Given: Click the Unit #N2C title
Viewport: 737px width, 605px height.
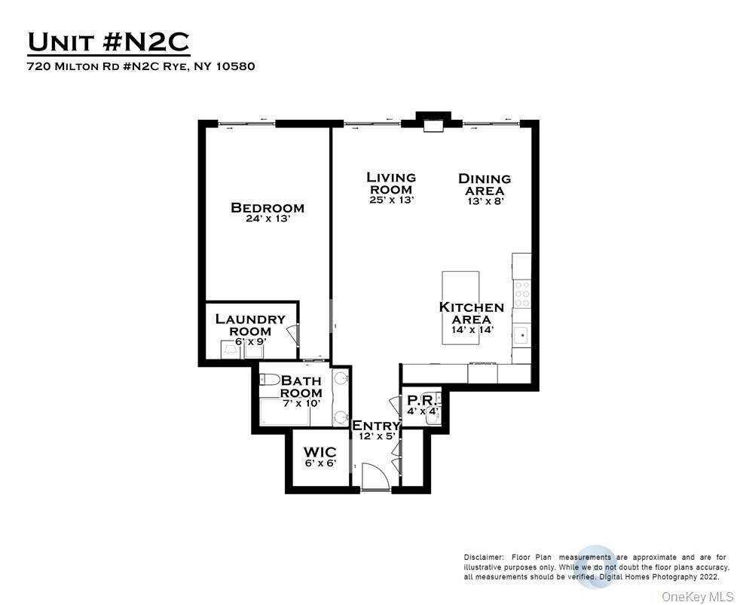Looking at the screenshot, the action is pos(109,42).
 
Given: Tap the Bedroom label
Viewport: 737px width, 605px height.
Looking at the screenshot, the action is pos(268,207).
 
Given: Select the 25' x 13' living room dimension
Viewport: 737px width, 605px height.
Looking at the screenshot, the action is pos(391,200).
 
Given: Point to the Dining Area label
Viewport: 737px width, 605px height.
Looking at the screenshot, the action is pos(485,185).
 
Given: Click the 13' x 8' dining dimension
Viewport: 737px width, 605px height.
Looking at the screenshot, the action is pos(485,201).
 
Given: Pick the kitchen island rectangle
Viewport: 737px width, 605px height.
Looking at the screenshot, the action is pos(460,307).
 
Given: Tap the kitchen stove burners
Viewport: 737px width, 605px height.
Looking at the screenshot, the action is pos(521,294).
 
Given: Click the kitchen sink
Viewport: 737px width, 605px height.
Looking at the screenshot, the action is pos(521,335).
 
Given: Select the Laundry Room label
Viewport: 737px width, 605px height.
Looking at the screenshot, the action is pos(250,325).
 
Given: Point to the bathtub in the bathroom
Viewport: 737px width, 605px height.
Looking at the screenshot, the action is pos(284,412).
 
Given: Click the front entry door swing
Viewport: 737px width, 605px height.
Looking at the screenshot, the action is pos(375,476).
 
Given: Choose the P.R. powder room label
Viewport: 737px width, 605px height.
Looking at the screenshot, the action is pos(423,401).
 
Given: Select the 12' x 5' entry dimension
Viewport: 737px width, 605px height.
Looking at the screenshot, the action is pos(377,436).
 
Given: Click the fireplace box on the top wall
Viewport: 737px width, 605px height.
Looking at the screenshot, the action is pos(433,126).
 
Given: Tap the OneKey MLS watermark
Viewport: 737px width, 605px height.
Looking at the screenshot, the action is pos(697,597).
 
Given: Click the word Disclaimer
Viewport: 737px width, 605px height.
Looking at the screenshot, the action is pos(484,558).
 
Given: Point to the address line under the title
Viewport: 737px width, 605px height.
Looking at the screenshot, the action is pos(142,66).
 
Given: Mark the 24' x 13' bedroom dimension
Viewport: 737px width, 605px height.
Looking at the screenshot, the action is pos(268,218).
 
